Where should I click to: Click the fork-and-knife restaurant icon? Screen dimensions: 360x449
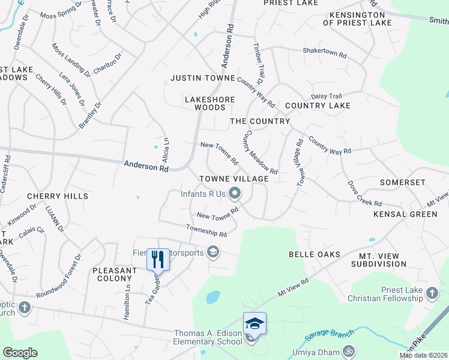[157, 259]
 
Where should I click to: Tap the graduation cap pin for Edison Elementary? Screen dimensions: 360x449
[254, 324]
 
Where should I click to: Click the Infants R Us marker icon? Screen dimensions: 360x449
[235, 193]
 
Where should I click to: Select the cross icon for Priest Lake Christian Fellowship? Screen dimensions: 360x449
[430, 293]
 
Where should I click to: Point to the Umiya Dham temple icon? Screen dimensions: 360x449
[348, 351]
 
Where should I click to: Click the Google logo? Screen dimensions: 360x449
[20, 353]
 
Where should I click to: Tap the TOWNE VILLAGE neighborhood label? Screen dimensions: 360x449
[234, 179]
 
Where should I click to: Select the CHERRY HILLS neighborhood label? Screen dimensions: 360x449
[58, 196]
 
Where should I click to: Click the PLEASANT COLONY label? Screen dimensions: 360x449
[115, 274]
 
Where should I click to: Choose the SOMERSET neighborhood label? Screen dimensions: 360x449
[403, 182]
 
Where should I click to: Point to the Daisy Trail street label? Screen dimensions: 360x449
[326, 96]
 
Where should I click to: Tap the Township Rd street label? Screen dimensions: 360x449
[206, 231]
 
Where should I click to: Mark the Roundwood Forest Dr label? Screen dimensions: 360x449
[58, 277]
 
